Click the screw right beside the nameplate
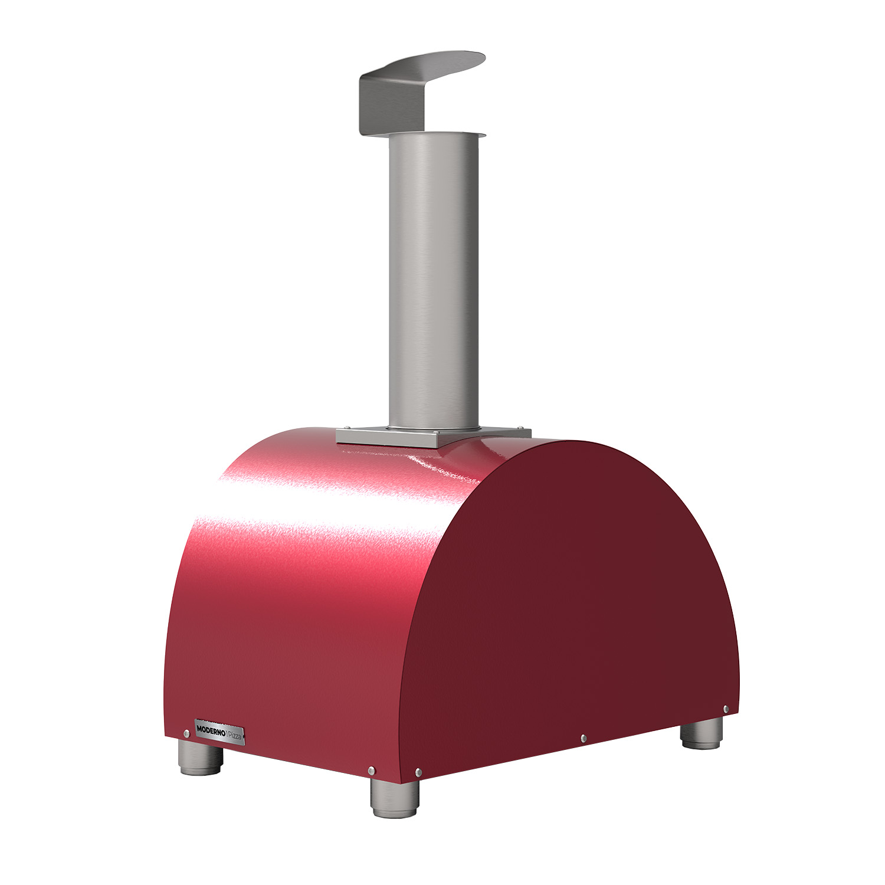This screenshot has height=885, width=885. point(186,733)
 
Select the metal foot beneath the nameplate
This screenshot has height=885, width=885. point(201,758)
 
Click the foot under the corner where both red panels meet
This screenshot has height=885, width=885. point(395,798)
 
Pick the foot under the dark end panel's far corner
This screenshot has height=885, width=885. point(702,733)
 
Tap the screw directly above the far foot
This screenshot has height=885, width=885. point(726,709)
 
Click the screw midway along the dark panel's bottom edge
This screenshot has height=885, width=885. point(583,738)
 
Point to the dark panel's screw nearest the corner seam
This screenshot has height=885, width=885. point(418,772)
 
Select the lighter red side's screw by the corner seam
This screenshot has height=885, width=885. point(371,770)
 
